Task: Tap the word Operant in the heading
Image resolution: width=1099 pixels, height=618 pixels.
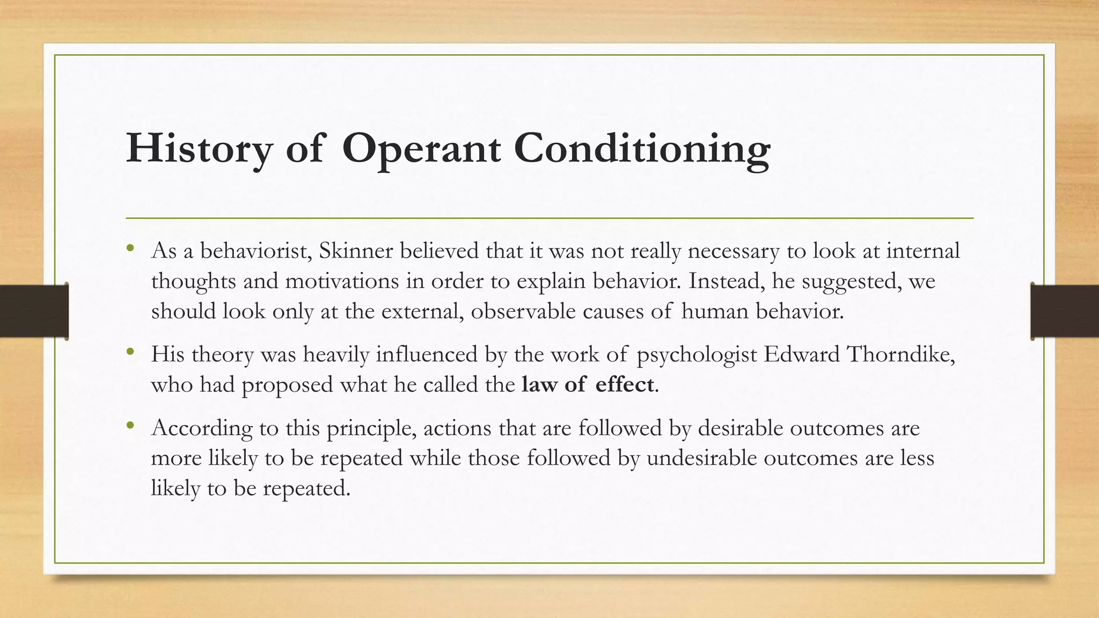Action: [x=421, y=149]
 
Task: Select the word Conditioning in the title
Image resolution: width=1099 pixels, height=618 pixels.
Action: [x=642, y=149]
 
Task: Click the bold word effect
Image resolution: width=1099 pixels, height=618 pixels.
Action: [x=624, y=384]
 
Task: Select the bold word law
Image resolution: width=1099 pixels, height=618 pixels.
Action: [x=539, y=384]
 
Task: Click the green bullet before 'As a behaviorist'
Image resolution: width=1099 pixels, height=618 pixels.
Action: [x=130, y=248]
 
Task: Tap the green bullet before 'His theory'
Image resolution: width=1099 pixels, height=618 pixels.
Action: [x=130, y=352]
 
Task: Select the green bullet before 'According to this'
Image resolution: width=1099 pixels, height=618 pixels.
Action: [x=130, y=425]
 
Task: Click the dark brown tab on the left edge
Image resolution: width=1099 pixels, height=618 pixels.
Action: [x=34, y=311]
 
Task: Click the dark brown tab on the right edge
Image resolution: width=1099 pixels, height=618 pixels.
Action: [x=1065, y=311]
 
